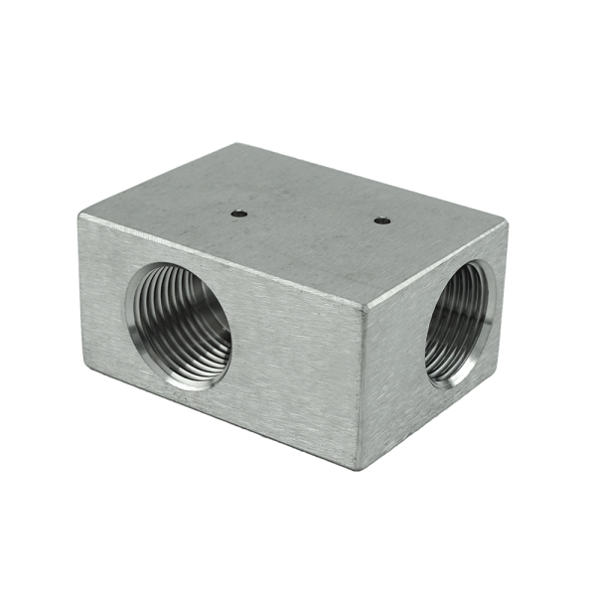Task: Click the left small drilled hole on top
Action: pyautogui.click(x=238, y=212)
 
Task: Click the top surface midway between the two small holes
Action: pyautogui.click(x=310, y=217)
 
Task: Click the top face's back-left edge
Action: pyautogui.click(x=158, y=179)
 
